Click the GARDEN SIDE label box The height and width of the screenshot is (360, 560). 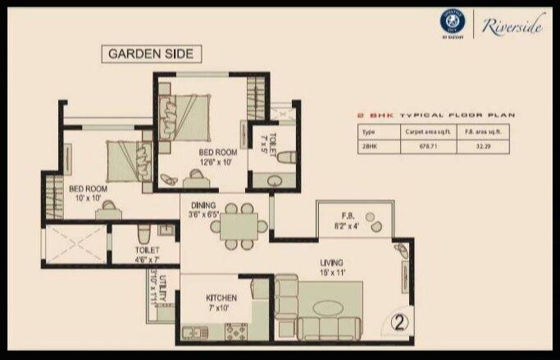[x=151, y=54]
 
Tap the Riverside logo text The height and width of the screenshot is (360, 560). [x=513, y=27]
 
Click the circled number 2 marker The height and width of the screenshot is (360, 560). [x=399, y=321]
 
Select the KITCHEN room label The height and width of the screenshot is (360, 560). [x=221, y=302]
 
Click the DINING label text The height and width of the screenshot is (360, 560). [x=202, y=210]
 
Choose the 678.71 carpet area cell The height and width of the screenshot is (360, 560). [x=420, y=145]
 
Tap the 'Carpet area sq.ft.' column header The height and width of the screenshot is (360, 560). [x=420, y=131]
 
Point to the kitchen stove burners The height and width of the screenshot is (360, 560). [x=237, y=332]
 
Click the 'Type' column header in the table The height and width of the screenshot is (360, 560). [x=368, y=131]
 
